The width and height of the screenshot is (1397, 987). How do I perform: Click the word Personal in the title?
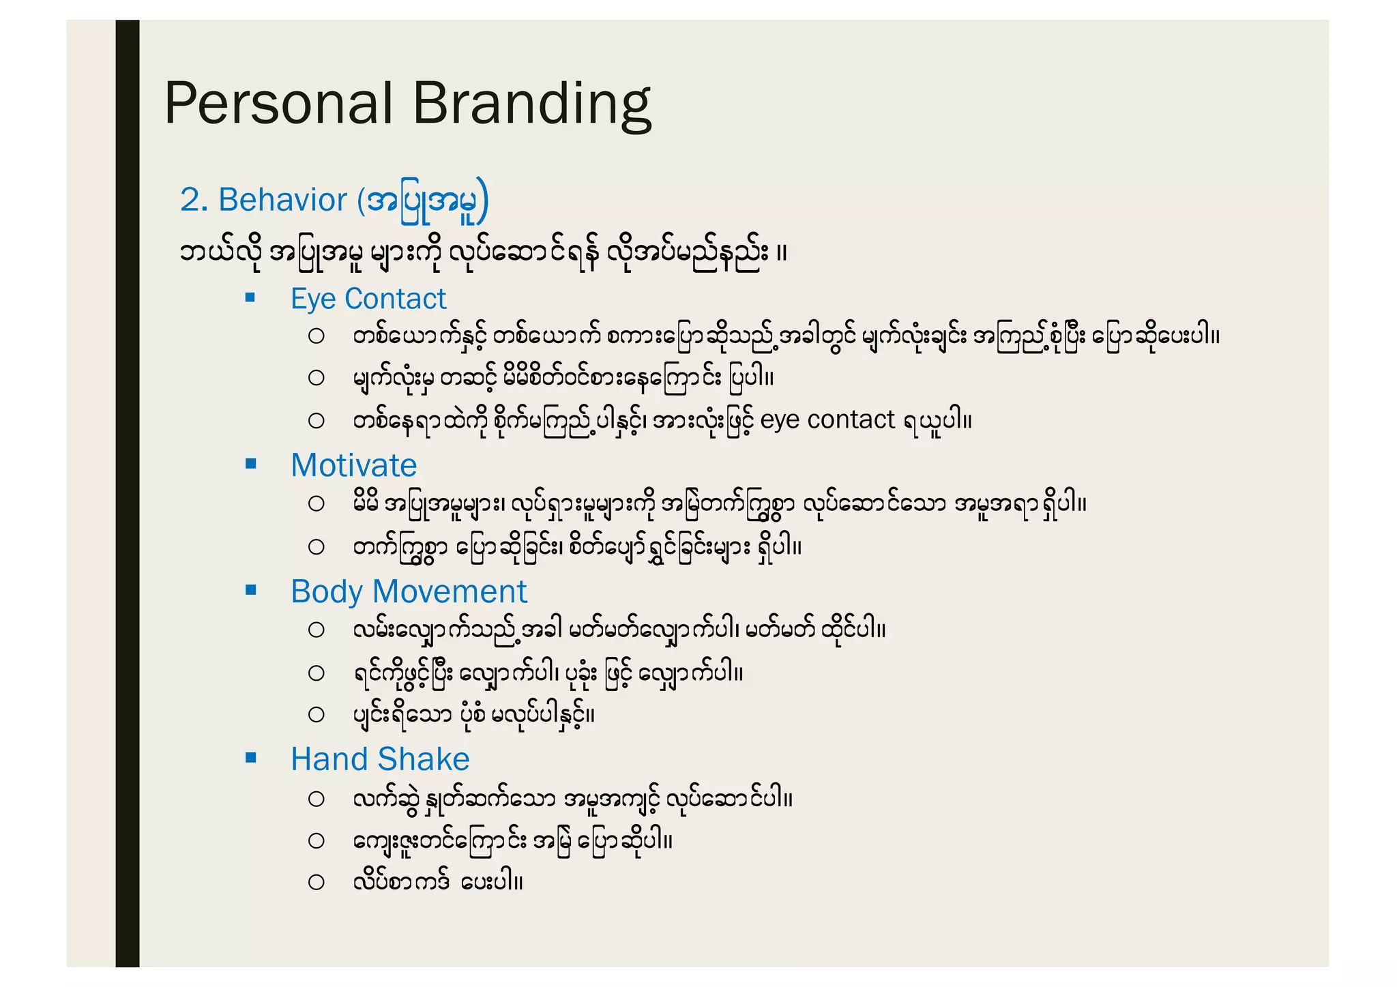click(x=278, y=104)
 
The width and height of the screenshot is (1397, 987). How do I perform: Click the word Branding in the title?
click(x=531, y=104)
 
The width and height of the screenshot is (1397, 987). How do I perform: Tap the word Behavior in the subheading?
click(x=282, y=200)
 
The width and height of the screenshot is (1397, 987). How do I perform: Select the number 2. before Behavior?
click(x=194, y=200)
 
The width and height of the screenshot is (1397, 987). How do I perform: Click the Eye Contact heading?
click(x=368, y=299)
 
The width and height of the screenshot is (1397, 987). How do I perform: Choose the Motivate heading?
click(x=353, y=465)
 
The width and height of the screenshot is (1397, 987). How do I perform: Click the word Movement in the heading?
click(x=450, y=591)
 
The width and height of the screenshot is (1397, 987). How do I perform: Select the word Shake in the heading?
click(x=424, y=759)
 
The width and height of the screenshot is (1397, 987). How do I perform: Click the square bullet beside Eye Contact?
click(x=250, y=297)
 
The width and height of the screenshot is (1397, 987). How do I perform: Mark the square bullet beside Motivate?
click(x=250, y=464)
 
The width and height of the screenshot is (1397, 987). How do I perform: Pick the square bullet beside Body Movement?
click(x=250, y=590)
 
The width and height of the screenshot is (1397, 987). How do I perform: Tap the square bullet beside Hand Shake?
click(x=250, y=757)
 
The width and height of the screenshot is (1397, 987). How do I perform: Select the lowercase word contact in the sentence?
click(x=851, y=419)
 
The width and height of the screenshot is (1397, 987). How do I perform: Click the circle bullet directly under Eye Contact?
click(x=316, y=336)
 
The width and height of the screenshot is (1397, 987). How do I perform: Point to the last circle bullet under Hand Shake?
click(x=316, y=882)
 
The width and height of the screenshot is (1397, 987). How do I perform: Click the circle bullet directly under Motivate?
click(x=316, y=504)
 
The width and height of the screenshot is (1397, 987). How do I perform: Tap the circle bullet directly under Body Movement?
click(x=316, y=630)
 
